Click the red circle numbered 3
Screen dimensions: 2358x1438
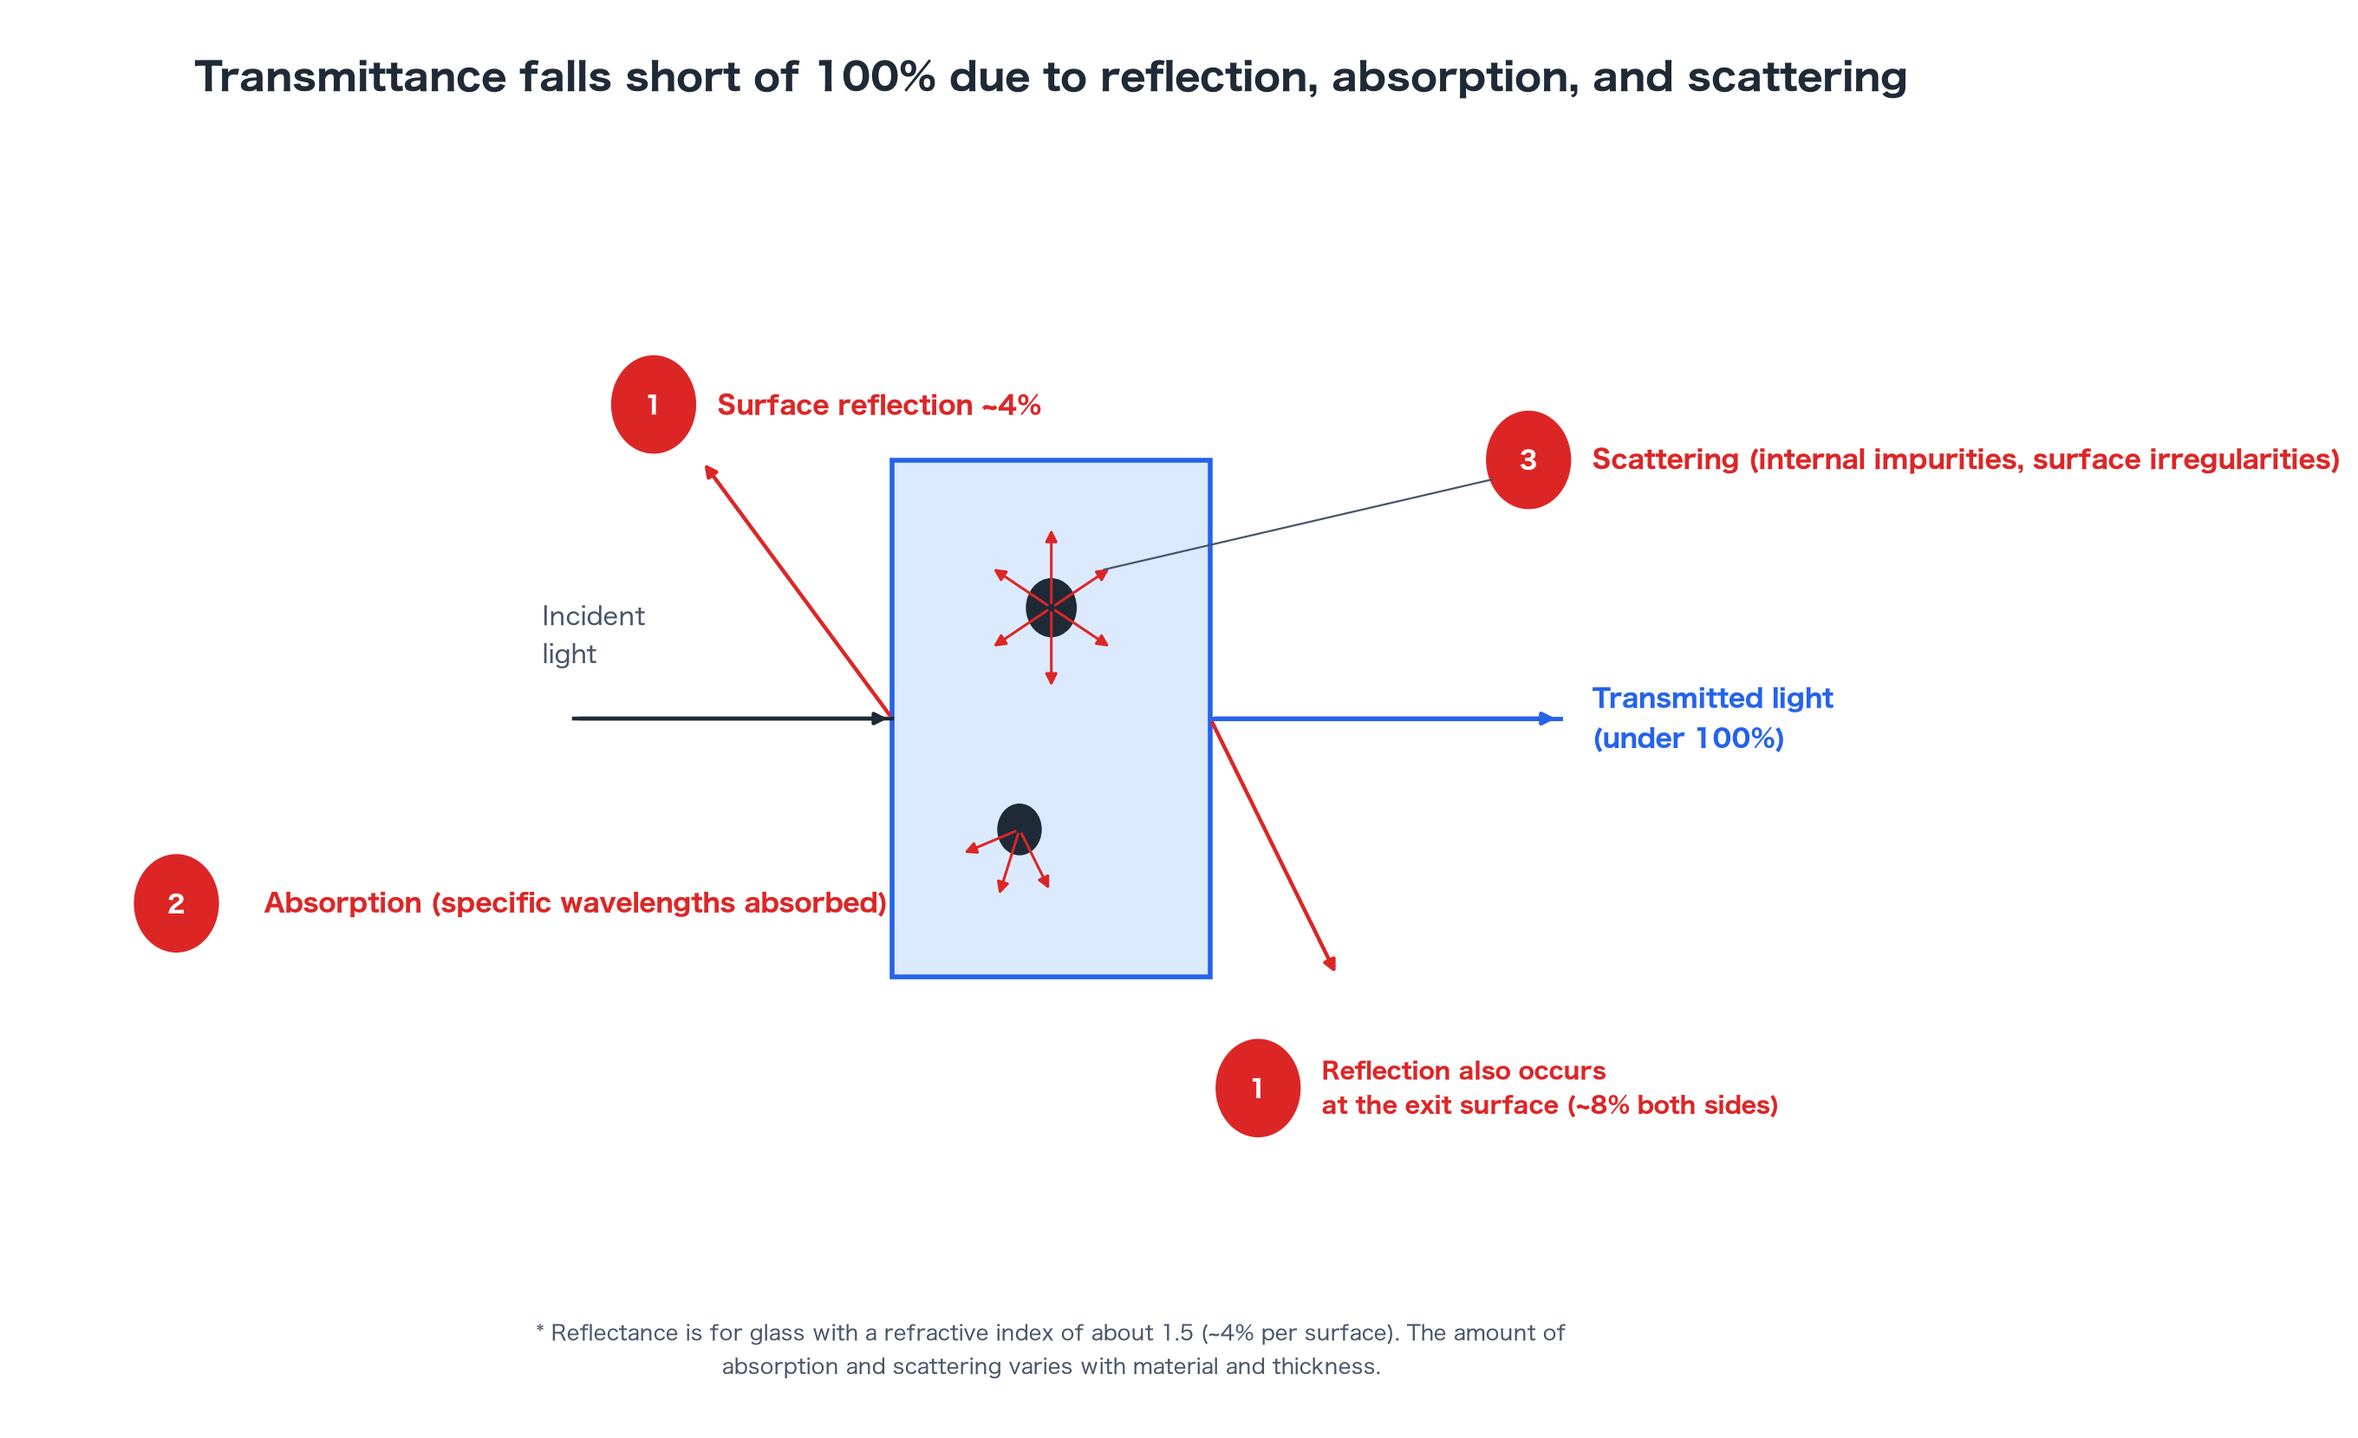(1527, 459)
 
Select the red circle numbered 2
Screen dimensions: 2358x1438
(176, 903)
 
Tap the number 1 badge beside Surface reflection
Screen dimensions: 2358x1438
(654, 405)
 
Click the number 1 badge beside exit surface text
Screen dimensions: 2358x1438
(1258, 1088)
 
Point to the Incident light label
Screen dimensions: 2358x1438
(593, 634)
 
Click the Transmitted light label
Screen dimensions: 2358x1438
(1712, 718)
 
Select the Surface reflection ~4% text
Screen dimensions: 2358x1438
(878, 405)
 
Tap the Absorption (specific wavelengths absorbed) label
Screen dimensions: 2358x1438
(575, 903)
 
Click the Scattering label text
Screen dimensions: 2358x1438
(1964, 459)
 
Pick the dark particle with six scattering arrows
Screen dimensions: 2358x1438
(1051, 608)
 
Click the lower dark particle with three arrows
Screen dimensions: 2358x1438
(1019, 829)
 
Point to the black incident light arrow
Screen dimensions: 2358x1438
(732, 719)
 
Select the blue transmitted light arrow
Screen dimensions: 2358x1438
(1387, 719)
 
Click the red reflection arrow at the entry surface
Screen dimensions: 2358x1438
(799, 591)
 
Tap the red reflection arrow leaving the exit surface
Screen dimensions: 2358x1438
(1273, 846)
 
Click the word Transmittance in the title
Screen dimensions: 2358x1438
(350, 76)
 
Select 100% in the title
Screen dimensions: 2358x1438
(876, 76)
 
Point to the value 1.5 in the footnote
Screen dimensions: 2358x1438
(1177, 1333)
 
